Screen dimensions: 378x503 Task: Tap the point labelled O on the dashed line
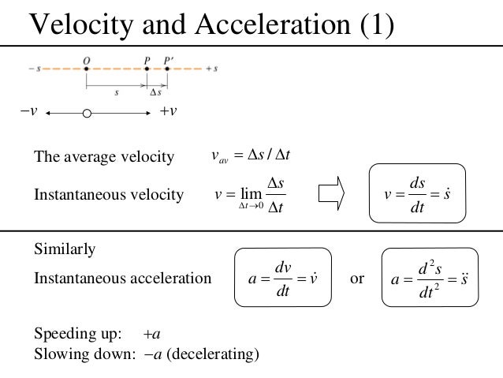[x=87, y=69]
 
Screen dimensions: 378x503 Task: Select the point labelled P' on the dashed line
[x=167, y=69]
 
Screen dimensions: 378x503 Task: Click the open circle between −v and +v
[x=87, y=114]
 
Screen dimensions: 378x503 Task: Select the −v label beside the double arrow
[x=28, y=111]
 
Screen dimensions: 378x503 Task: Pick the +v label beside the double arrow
[x=168, y=111]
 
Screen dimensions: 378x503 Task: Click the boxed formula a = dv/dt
[x=282, y=278]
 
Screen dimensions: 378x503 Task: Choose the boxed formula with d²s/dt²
[x=430, y=278]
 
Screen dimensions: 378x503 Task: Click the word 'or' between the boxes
[x=357, y=278]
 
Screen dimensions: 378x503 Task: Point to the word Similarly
[x=65, y=249]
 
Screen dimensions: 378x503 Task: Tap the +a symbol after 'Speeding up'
[x=152, y=332]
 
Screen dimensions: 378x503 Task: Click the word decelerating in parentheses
[x=217, y=354]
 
